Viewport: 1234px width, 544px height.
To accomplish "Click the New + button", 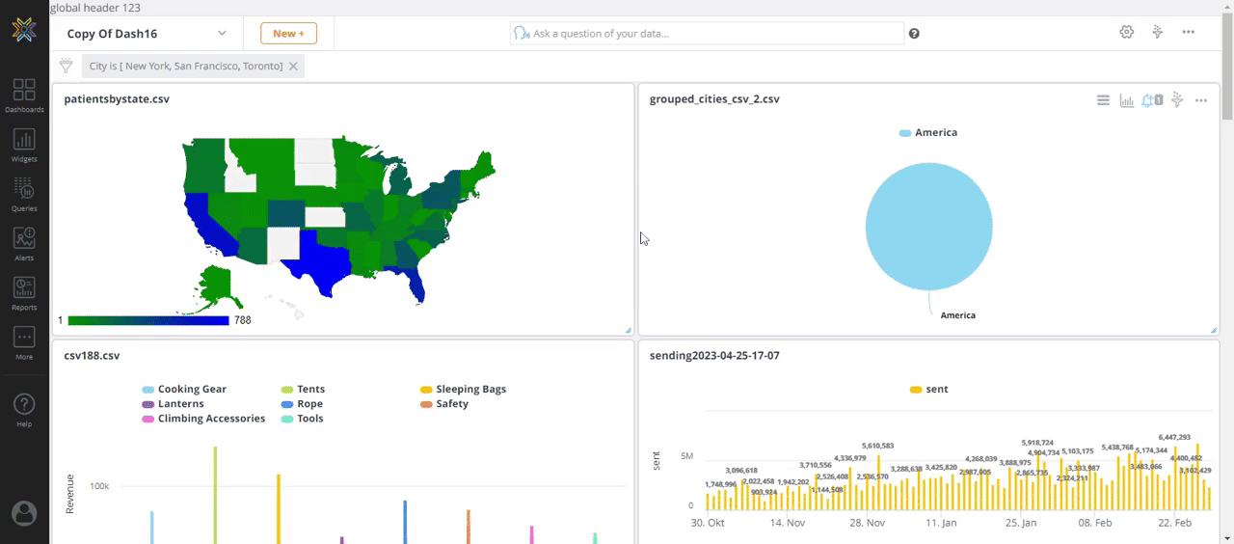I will tap(288, 34).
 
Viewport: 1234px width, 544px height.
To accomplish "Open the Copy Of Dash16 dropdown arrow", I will tap(222, 34).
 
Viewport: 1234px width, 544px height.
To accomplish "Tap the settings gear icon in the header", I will tap(1126, 33).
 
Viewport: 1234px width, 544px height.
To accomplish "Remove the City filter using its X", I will tap(293, 67).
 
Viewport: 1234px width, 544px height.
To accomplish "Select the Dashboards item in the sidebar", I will tap(24, 95).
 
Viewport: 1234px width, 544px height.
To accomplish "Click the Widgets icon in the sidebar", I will tap(24, 145).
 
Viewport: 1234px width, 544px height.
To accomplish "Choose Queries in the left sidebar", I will tap(24, 194).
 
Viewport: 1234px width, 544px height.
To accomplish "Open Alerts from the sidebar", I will tap(24, 244).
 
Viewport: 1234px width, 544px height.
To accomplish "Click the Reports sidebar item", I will tap(24, 293).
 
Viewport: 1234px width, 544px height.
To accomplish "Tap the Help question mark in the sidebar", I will tap(24, 408).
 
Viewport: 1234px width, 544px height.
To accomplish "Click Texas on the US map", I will tap(328, 254).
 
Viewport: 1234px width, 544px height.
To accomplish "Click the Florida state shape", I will tap(414, 281).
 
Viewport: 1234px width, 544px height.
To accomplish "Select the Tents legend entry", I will tap(310, 390).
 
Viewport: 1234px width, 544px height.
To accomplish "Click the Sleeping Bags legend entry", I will tap(470, 390).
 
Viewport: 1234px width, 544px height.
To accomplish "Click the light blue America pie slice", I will tap(928, 227).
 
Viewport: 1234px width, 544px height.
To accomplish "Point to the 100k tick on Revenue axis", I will tap(99, 486).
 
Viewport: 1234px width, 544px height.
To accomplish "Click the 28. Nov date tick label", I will tap(868, 523).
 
